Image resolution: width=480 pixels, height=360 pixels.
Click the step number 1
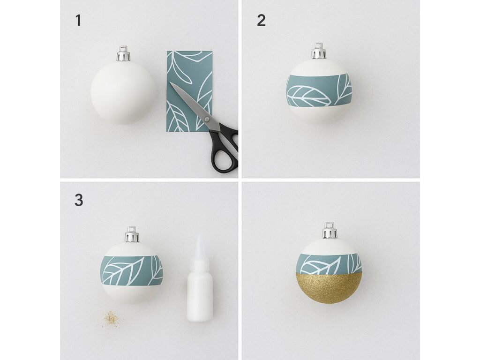point(78,21)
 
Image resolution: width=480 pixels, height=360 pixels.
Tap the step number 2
point(261,21)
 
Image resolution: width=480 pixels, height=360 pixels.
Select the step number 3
point(79,201)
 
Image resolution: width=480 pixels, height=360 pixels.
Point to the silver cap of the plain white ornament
point(123,53)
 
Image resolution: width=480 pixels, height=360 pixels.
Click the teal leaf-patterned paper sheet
point(189,91)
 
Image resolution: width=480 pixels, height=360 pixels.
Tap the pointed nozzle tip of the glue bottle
point(199,236)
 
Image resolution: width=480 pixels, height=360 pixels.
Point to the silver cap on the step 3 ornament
point(132,234)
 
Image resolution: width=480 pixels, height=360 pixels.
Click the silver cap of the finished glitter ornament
point(329,231)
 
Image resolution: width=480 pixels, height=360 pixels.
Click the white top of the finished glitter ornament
point(329,246)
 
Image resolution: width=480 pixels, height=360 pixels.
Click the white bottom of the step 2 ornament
point(319,114)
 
